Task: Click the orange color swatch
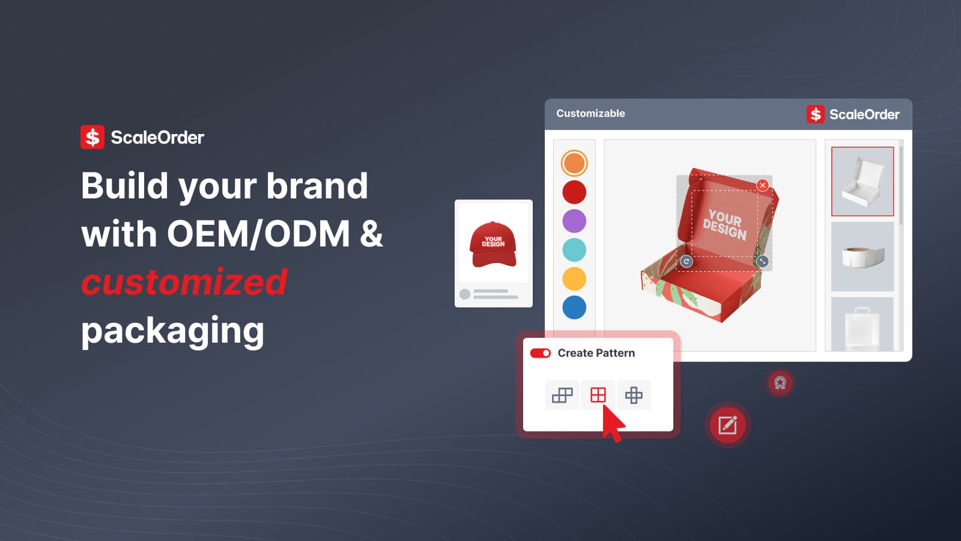(574, 163)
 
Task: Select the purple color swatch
(574, 221)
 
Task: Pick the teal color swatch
(574, 249)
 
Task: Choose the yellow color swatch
(574, 278)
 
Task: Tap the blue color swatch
(574, 307)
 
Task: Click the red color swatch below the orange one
(574, 192)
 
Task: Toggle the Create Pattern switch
(540, 353)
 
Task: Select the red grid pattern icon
(598, 395)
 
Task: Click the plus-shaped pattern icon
(634, 395)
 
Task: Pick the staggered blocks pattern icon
(562, 395)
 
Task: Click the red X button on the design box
(762, 185)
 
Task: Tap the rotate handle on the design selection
(687, 261)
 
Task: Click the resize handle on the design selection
(762, 261)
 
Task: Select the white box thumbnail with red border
(862, 181)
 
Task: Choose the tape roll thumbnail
(862, 257)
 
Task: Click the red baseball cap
(493, 244)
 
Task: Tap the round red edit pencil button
(727, 425)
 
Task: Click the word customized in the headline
(184, 282)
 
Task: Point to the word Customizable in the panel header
(590, 114)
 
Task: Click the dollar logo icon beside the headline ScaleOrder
(92, 137)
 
